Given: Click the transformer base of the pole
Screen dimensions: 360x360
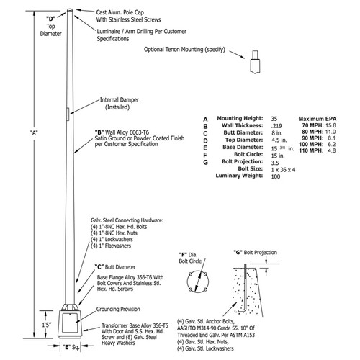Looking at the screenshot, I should [x=69, y=324].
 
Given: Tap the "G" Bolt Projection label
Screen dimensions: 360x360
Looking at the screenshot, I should [x=254, y=254].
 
